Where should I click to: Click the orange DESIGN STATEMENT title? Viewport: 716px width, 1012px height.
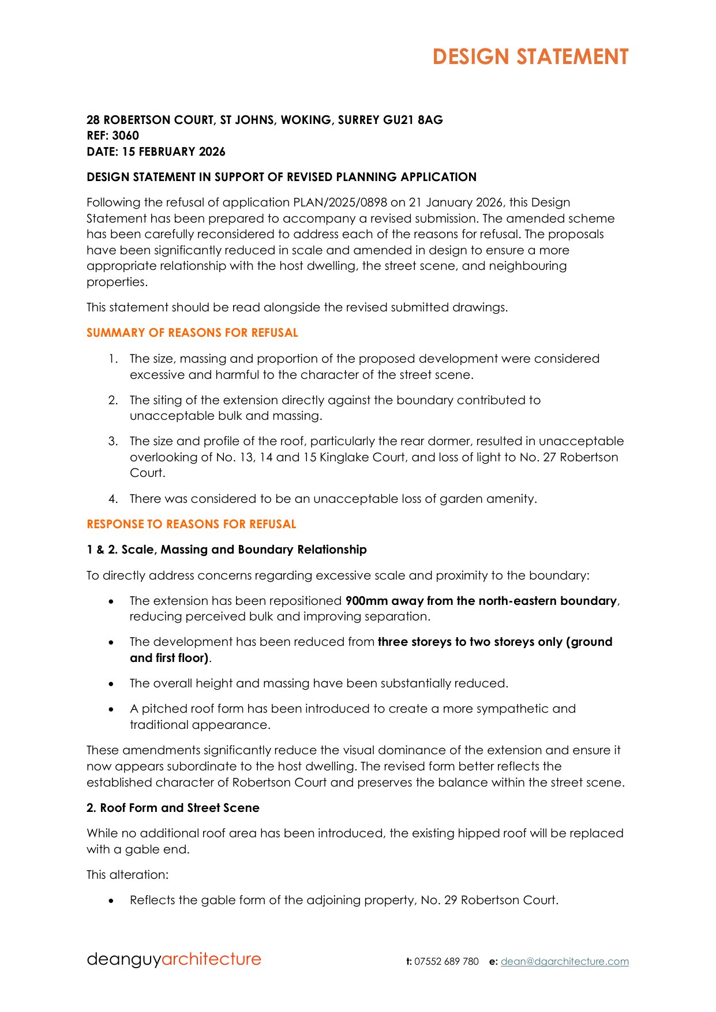pos(530,57)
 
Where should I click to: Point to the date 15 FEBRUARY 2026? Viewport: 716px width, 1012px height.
pos(173,152)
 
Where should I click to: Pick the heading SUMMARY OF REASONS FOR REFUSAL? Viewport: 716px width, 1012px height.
pos(192,333)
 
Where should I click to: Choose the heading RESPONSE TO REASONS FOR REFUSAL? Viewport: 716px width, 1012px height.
pos(191,524)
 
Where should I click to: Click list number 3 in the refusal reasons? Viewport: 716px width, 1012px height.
pos(113,441)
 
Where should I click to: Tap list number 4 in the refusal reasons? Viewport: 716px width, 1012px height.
pos(113,499)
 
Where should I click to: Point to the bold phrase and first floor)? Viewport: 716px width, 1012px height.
pos(169,658)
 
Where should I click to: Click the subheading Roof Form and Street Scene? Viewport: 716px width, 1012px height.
pos(179,808)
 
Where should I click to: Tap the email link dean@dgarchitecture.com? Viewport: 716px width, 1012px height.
pos(564,961)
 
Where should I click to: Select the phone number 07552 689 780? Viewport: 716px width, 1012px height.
pos(446,961)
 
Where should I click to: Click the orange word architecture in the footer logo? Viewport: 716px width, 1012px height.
pos(211,959)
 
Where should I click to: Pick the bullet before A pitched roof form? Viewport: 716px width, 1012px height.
pos(111,709)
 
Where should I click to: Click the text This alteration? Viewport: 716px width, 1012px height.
pos(128,875)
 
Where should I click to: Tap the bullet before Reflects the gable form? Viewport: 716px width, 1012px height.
pos(111,901)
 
